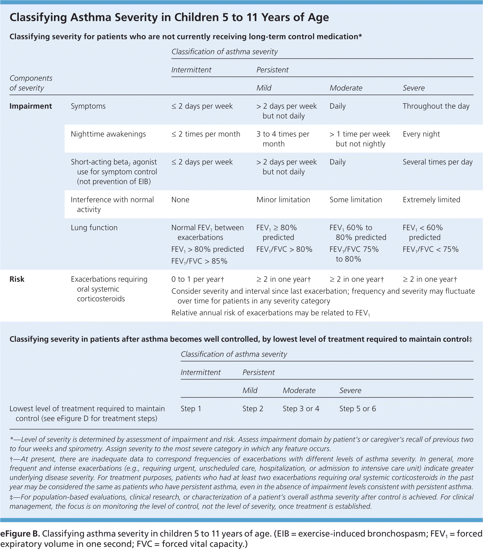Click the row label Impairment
click(x=31, y=106)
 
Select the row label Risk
click(x=17, y=279)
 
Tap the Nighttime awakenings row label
click(x=108, y=134)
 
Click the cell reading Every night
click(x=421, y=134)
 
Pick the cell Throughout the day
click(x=436, y=106)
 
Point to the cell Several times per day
click(x=437, y=162)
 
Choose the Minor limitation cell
click(x=283, y=200)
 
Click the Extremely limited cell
click(x=431, y=200)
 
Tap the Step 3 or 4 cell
click(x=301, y=408)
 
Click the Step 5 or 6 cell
click(x=357, y=408)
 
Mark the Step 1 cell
click(x=191, y=408)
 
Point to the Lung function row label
click(x=94, y=228)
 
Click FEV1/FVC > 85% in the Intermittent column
click(x=199, y=261)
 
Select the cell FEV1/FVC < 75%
click(x=430, y=249)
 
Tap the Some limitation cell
click(x=356, y=200)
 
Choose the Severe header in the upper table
click(x=414, y=88)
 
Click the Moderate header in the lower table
click(x=299, y=390)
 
